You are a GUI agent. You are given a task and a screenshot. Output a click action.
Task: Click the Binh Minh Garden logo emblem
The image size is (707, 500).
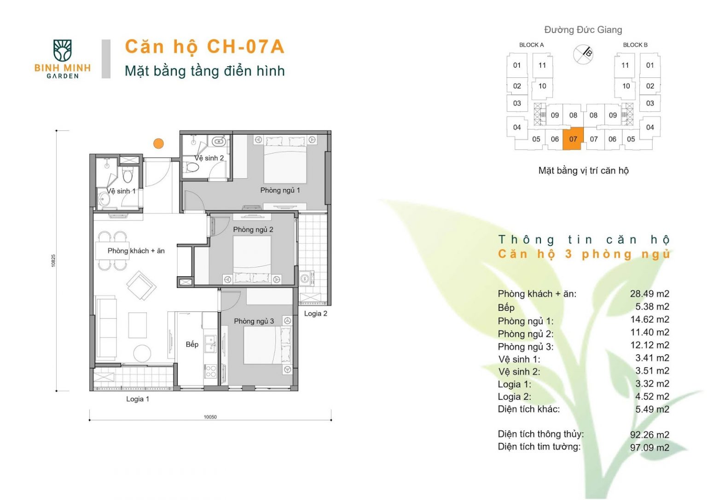pyautogui.click(x=62, y=51)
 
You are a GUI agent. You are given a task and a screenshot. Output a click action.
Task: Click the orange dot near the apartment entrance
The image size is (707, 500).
pyautogui.click(x=158, y=144)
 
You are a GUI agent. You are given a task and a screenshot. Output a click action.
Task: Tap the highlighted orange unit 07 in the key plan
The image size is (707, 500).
pyautogui.click(x=573, y=139)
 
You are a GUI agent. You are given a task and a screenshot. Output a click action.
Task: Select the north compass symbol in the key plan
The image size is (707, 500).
pyautogui.click(x=583, y=54)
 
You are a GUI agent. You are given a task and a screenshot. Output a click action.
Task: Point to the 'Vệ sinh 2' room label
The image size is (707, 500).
pyautogui.click(x=209, y=158)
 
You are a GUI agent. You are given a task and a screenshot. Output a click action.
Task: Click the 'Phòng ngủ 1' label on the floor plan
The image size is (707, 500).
pyautogui.click(x=280, y=190)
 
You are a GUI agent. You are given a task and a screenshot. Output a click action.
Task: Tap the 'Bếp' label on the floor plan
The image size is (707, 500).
pyautogui.click(x=192, y=344)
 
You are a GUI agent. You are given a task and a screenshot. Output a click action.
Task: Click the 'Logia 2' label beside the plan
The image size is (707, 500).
pyautogui.click(x=316, y=314)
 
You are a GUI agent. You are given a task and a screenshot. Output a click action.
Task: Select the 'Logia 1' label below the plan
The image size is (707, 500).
pyautogui.click(x=138, y=399)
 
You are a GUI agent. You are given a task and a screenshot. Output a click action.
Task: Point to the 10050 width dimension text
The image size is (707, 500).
pyautogui.click(x=210, y=417)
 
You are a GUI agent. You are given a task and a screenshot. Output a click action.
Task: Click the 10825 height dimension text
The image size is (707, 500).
pyautogui.click(x=53, y=261)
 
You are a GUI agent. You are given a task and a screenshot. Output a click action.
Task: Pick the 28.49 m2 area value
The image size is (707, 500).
pyautogui.click(x=649, y=294)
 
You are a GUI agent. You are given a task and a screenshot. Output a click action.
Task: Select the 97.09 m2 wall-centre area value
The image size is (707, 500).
pyautogui.click(x=649, y=448)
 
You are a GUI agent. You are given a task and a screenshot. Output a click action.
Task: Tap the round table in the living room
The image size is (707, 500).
pyautogui.click(x=142, y=353)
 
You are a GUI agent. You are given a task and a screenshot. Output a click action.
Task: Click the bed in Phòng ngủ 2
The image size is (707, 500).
pyautogui.click(x=252, y=259)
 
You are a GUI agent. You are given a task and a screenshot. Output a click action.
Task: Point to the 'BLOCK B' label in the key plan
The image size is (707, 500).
pyautogui.click(x=635, y=45)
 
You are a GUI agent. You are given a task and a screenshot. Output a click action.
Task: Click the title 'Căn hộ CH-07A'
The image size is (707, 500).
pyautogui.click(x=205, y=47)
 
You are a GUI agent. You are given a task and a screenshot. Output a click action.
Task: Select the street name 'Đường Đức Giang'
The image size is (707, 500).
pyautogui.click(x=583, y=29)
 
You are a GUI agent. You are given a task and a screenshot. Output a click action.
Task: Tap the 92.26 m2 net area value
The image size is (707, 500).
pyautogui.click(x=649, y=435)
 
